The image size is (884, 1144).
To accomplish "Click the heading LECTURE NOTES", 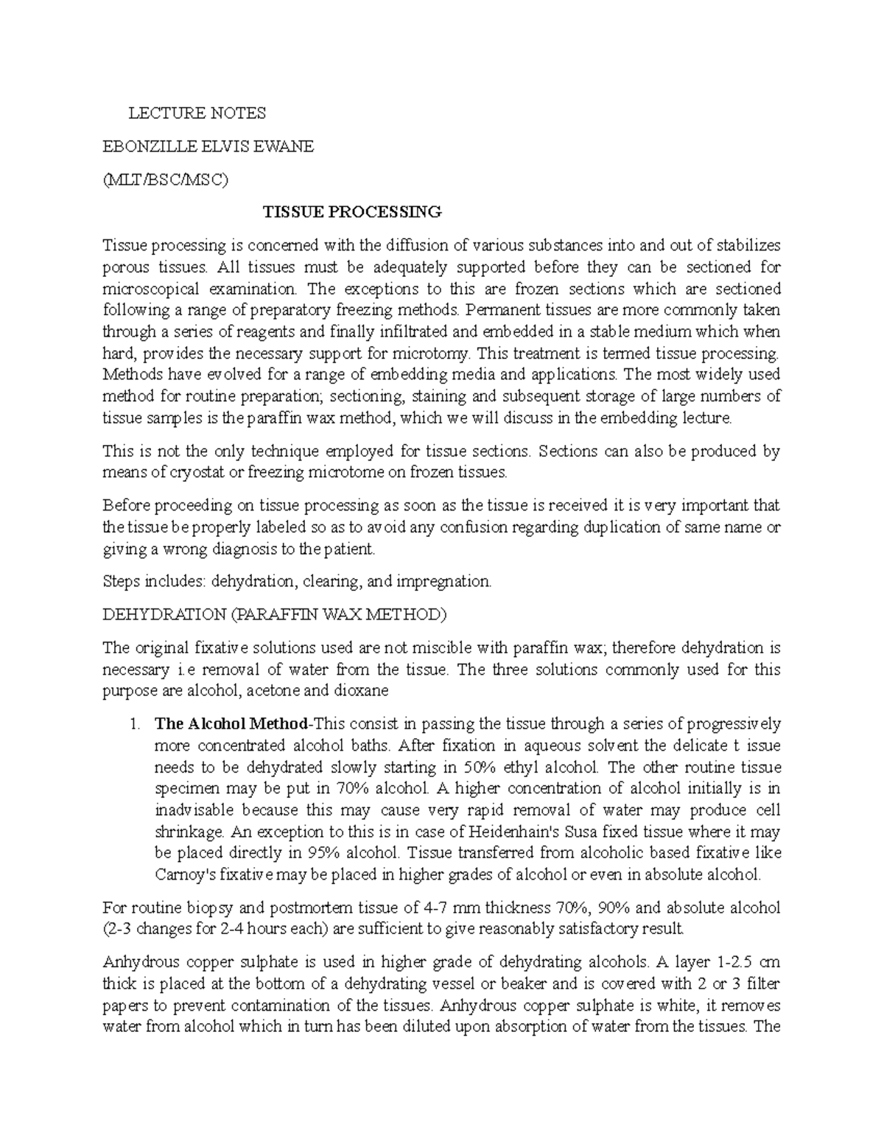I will pyautogui.click(x=197, y=113).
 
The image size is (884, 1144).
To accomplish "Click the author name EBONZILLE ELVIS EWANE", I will pyautogui.click(x=208, y=147).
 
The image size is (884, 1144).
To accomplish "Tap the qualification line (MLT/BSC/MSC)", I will pyautogui.click(x=166, y=180).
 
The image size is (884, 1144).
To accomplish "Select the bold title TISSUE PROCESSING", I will pyautogui.click(x=353, y=212).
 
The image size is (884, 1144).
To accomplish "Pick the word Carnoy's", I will pyautogui.click(x=189, y=875).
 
